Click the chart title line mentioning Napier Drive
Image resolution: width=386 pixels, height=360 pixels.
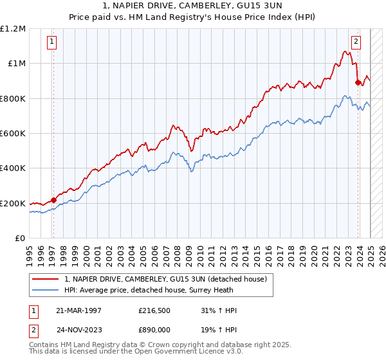click(192, 5)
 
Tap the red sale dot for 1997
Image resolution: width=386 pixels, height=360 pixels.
click(53, 200)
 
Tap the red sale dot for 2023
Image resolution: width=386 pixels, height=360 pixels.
click(358, 82)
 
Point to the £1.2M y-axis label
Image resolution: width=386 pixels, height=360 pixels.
click(13, 29)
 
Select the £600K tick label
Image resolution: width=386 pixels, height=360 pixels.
click(13, 134)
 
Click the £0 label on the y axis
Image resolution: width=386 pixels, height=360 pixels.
click(19, 239)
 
